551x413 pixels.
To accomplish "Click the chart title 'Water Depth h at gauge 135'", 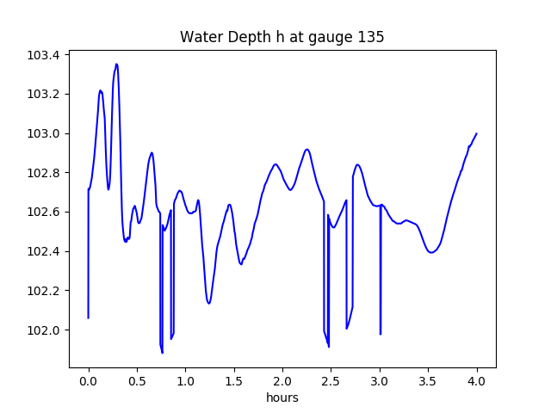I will tap(282, 37).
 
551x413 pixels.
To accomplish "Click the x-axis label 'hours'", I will tap(282, 399).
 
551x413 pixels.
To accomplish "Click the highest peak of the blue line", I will tap(116, 64).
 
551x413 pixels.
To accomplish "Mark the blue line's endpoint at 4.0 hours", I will tap(476, 133).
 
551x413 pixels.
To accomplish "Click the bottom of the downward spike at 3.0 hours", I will tap(381, 334).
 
